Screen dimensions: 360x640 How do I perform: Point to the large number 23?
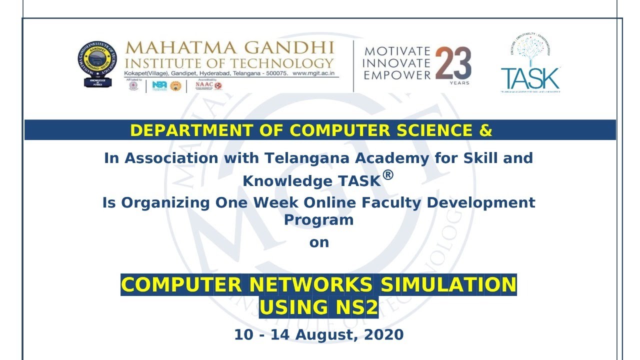[x=453, y=63]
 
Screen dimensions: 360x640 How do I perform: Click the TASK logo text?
[x=530, y=78]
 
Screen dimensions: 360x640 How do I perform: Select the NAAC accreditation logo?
[x=208, y=85]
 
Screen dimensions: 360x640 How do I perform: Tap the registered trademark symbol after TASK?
[x=388, y=175]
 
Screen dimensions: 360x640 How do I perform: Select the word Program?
[x=319, y=219]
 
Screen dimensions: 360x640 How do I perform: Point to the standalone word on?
[x=319, y=242]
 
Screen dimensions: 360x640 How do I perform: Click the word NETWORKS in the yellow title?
[x=310, y=285]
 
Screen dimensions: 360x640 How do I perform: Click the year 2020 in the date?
[x=383, y=334]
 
